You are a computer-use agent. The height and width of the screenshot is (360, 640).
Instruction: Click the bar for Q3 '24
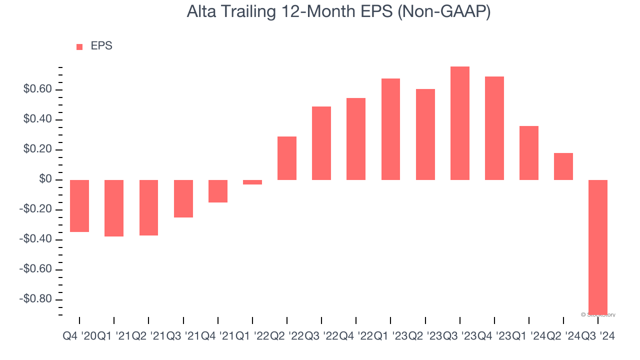[x=598, y=247]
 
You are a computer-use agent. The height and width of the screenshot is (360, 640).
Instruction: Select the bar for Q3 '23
[x=459, y=123]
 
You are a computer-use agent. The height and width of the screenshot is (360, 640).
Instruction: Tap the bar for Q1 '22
[x=252, y=182]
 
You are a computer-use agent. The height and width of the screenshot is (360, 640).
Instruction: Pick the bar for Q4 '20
[x=79, y=206]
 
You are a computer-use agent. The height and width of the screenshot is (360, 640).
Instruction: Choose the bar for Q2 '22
[x=287, y=158]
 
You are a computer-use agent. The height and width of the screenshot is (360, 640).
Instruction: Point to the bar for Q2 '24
[x=563, y=166]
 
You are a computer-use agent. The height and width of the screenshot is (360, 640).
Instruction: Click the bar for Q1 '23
[x=390, y=129]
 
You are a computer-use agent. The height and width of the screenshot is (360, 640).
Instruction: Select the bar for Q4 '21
[x=218, y=191]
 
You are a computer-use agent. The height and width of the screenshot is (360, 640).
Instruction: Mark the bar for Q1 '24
[x=529, y=153]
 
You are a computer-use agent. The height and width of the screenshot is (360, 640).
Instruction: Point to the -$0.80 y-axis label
[x=35, y=299]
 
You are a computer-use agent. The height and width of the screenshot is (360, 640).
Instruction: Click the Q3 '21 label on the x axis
[x=183, y=337]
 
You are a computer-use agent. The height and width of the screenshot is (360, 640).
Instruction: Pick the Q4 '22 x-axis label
[x=356, y=337]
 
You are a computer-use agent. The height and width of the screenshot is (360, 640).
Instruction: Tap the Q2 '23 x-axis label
[x=425, y=337]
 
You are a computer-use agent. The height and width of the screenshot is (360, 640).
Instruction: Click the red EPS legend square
[x=79, y=47]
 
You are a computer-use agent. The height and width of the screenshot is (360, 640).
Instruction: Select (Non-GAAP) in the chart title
[x=443, y=12]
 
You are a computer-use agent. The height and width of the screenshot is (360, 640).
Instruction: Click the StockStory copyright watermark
[x=598, y=314]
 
